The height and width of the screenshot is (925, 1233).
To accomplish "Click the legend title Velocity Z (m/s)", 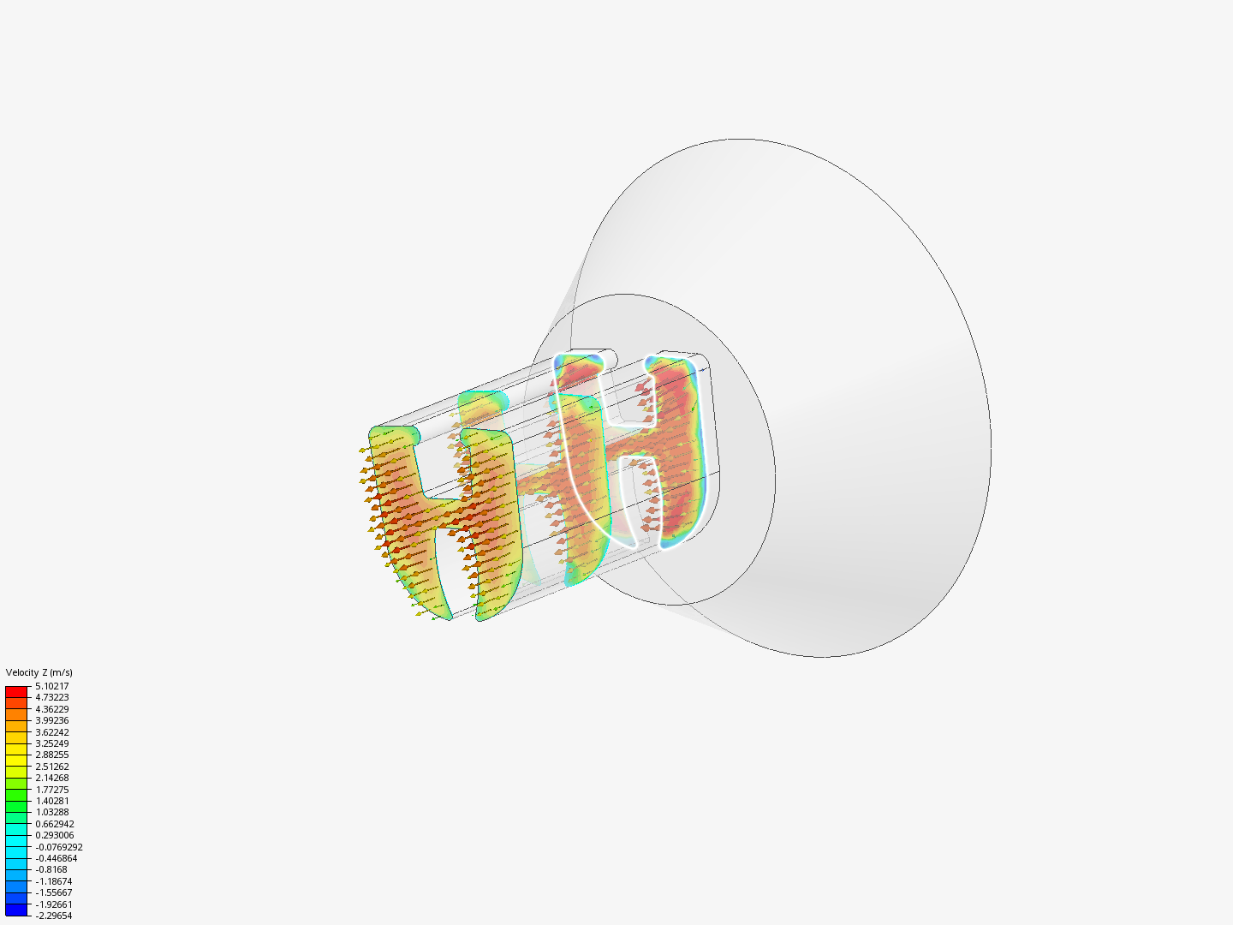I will tap(39, 672).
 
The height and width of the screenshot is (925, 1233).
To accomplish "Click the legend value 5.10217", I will tap(51, 686).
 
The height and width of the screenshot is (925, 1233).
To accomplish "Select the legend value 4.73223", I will tap(51, 697).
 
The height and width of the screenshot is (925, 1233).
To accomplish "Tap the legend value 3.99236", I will tap(51, 720).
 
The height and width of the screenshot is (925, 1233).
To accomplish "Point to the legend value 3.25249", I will tap(51, 743).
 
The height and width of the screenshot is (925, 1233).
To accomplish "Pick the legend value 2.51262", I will tap(51, 767).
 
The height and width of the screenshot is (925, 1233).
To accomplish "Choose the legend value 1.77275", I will tap(51, 790).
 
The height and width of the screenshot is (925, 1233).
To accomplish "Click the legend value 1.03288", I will tap(51, 812).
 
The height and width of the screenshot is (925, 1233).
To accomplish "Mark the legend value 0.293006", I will tap(54, 835).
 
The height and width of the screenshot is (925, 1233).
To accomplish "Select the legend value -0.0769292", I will tap(58, 847).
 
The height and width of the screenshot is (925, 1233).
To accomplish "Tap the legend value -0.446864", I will tap(56, 858).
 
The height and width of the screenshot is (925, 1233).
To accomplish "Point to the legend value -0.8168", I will tap(51, 869).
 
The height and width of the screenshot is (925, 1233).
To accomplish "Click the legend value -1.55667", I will tap(53, 892).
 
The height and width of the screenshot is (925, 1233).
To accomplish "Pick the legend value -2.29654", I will tap(53, 916).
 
